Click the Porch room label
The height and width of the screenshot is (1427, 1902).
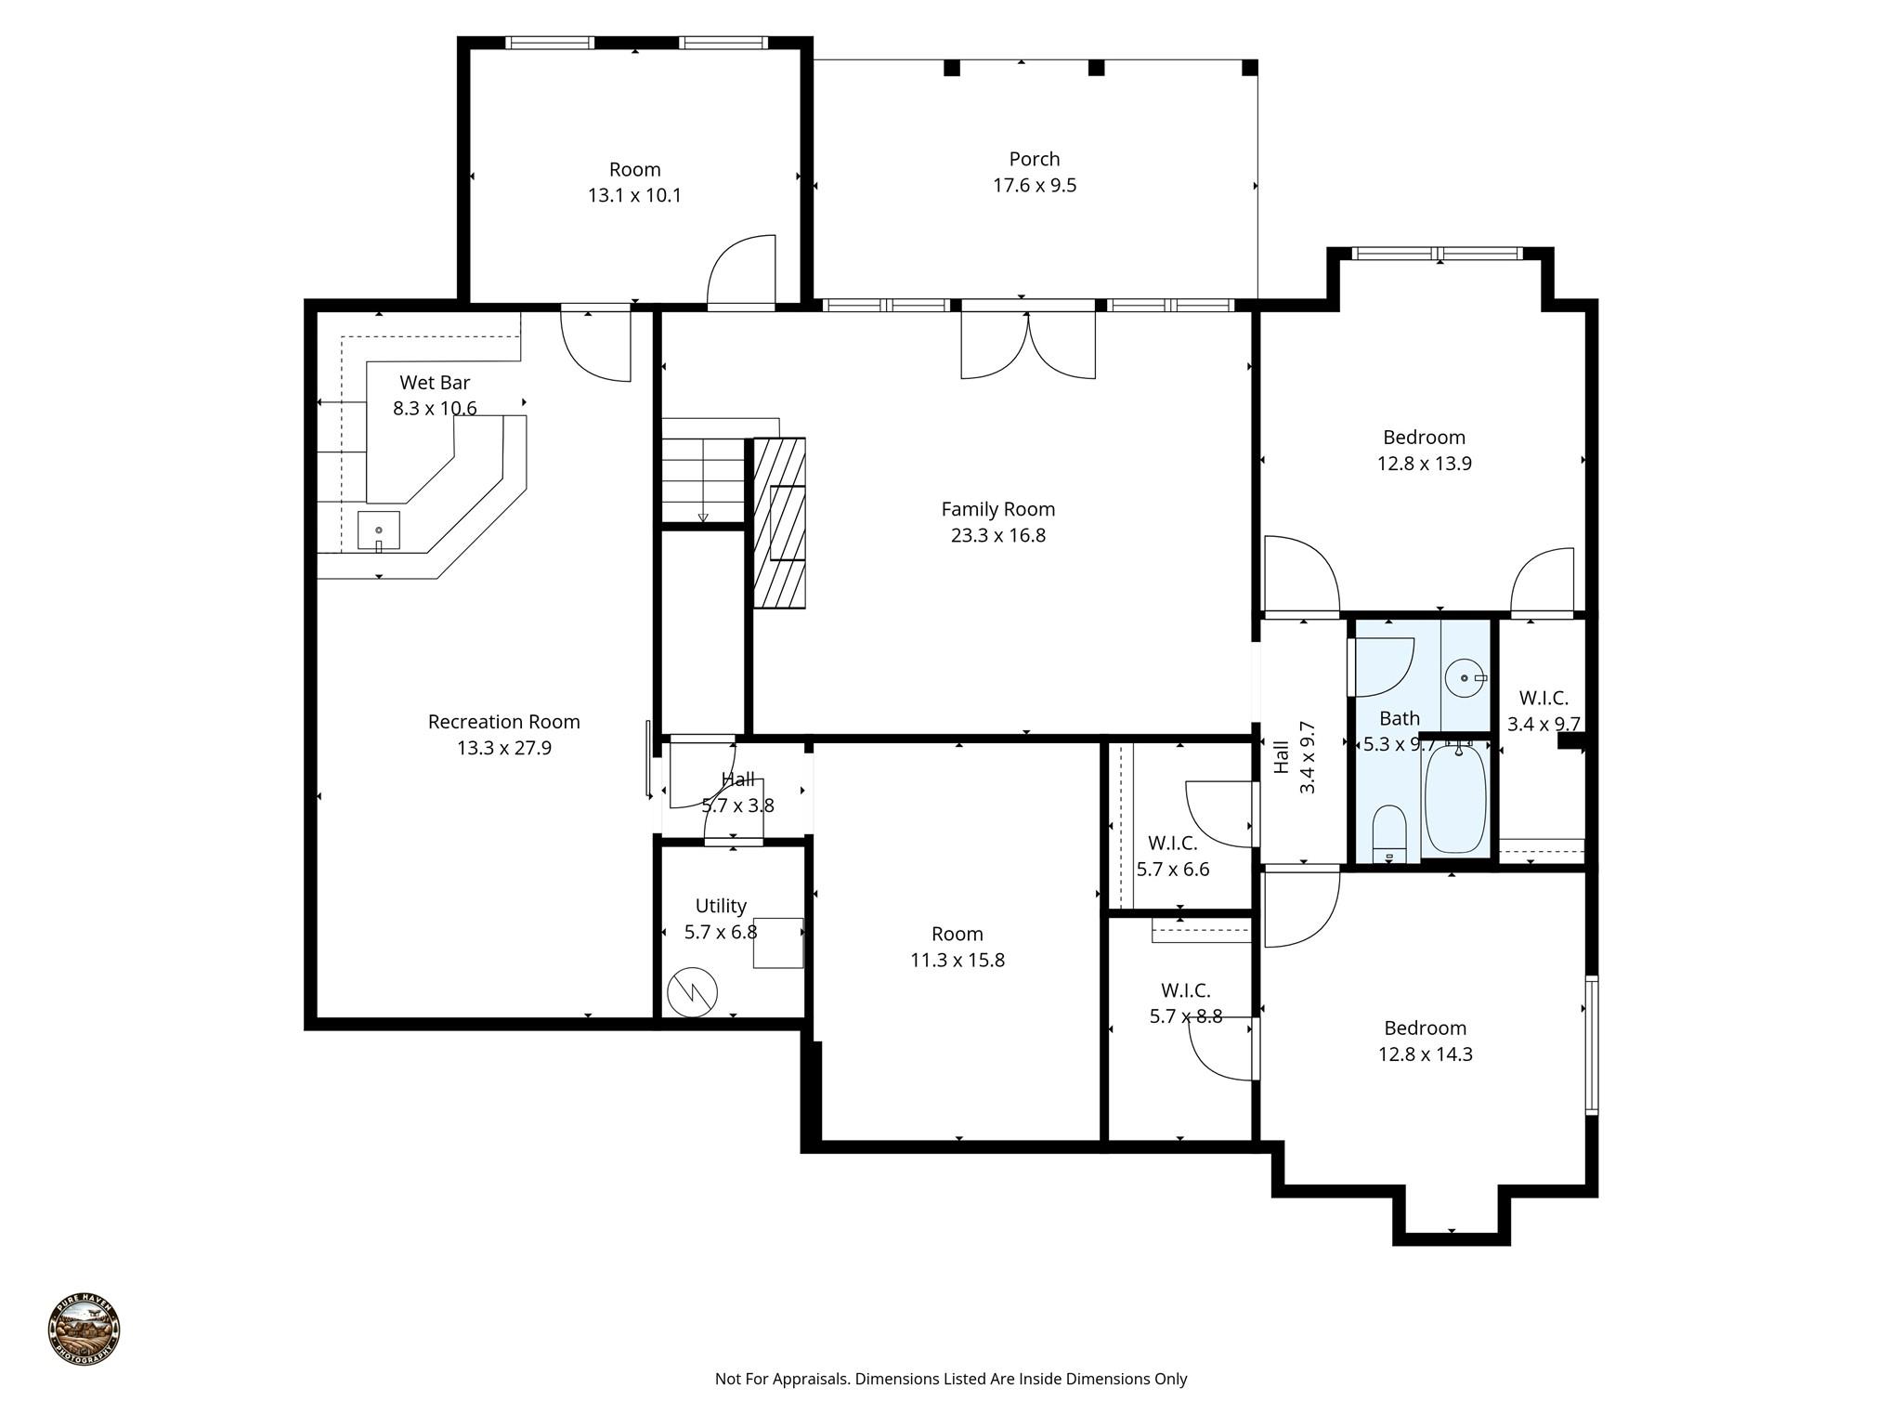(x=1034, y=160)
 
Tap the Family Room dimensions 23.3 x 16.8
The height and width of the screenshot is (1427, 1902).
(x=997, y=536)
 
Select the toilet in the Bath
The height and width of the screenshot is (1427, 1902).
(x=1389, y=833)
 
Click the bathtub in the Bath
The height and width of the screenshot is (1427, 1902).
(x=1454, y=798)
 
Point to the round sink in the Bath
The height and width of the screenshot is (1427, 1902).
(x=1465, y=678)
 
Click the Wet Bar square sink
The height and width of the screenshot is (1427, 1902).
(x=379, y=530)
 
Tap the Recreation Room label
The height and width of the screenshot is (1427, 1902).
(x=503, y=722)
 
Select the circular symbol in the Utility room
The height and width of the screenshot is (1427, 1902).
(x=692, y=992)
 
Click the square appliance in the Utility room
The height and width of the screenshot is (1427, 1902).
(x=777, y=943)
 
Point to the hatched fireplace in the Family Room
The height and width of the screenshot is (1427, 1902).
(x=778, y=523)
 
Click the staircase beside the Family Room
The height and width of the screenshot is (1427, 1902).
(x=703, y=481)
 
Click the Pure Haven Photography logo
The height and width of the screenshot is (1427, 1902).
(x=84, y=1329)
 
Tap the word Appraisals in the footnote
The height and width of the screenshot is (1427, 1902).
(x=808, y=1379)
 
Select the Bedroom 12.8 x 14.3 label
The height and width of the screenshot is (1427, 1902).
(x=1425, y=1028)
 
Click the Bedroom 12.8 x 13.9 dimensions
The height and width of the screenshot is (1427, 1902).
(x=1424, y=464)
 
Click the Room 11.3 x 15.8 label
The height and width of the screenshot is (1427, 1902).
(x=957, y=935)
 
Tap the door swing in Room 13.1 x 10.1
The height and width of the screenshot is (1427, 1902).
(x=741, y=271)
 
